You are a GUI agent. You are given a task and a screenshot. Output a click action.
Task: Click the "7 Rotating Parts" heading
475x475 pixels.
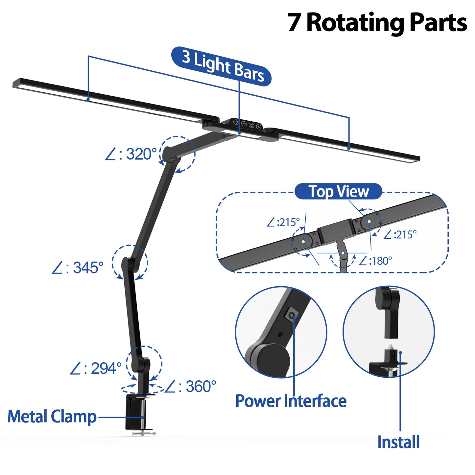[x=377, y=23]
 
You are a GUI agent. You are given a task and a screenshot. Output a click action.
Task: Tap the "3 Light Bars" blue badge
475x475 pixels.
[x=222, y=66]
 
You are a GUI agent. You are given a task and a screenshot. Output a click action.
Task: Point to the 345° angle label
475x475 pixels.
[x=78, y=268]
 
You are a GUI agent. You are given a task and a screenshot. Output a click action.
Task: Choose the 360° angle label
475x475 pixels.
[x=191, y=387]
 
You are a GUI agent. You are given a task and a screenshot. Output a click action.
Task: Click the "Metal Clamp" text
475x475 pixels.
[x=52, y=416]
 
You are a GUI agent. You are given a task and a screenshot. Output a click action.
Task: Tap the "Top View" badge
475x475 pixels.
[x=338, y=192]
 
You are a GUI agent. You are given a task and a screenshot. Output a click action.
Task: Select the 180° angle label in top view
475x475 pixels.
[x=375, y=261]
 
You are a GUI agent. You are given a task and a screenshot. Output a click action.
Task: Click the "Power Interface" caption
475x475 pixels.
[x=291, y=401]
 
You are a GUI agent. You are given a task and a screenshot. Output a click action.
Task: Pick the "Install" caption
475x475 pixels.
[x=398, y=442]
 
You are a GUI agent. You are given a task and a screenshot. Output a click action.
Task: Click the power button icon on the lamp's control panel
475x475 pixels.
[x=236, y=122]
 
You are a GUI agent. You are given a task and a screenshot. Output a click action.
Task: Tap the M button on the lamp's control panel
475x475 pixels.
[x=244, y=124]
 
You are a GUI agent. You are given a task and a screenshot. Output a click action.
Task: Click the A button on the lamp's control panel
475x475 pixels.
[x=259, y=127]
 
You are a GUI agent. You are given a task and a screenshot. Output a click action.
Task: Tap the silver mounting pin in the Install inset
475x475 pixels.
[x=391, y=347]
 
